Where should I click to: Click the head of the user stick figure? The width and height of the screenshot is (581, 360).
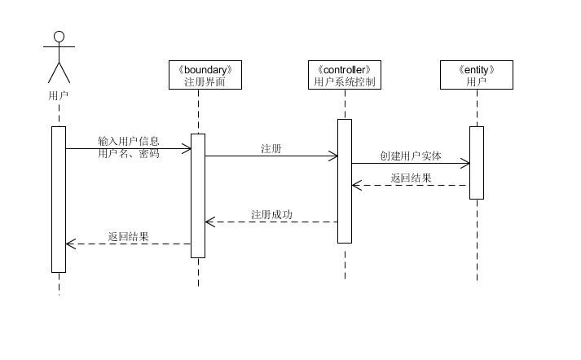[x=59, y=37]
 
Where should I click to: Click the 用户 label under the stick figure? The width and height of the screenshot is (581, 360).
[x=59, y=95]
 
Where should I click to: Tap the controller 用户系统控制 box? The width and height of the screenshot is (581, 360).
[x=345, y=76]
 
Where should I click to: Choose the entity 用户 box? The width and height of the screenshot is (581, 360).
[x=477, y=76]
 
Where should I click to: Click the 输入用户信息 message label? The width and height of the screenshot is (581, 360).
[x=129, y=141]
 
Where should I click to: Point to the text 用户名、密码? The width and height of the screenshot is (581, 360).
[x=129, y=153]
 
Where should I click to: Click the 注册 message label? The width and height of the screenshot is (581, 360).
[x=271, y=148]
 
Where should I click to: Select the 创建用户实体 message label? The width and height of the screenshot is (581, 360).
[x=411, y=156]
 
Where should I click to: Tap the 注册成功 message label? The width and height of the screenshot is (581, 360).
[x=271, y=215]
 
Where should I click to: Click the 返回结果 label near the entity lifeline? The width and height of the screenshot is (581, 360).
[x=412, y=178]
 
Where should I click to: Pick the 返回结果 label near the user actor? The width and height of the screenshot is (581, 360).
[x=129, y=237]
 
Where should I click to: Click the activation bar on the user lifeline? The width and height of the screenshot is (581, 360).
[x=59, y=199]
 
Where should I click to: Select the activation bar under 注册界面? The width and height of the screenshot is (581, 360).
[x=198, y=195]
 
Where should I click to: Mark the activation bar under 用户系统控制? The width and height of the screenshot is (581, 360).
[x=345, y=181]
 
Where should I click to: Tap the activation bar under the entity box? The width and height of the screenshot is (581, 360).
[x=477, y=162]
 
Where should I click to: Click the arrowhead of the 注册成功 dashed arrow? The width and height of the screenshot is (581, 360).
[x=209, y=222]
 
